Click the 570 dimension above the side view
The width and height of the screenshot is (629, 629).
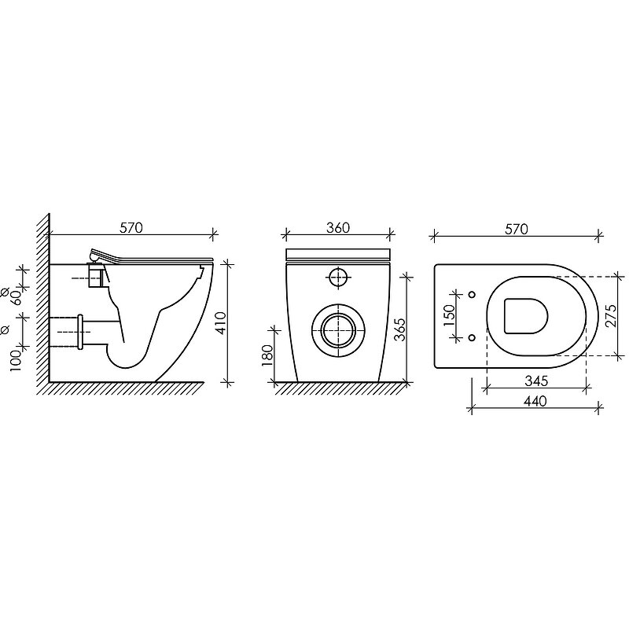coord(131,228)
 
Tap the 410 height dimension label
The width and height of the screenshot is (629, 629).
coord(221,323)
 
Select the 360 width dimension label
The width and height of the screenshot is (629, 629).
coord(338,228)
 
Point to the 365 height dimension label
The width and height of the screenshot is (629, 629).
coord(400,329)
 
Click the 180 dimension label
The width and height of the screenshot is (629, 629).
coord(267,356)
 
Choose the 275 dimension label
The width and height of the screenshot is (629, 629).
coord(611,316)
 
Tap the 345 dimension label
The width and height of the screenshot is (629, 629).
coord(536,381)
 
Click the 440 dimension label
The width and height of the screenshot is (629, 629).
coord(535,401)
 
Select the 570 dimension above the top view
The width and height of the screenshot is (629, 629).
coord(517,229)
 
